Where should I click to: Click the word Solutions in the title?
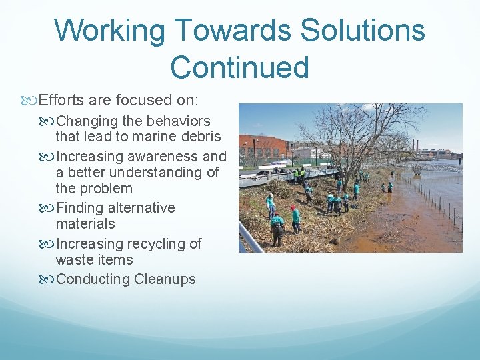363,31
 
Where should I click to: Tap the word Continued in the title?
239,67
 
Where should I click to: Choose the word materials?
85,224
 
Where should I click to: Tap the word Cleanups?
165,279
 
